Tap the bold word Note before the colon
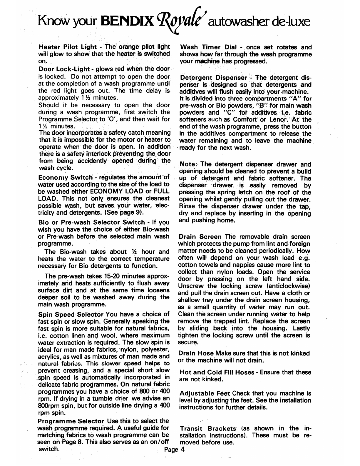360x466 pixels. click(186, 164)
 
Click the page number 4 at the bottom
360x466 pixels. click(182, 449)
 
